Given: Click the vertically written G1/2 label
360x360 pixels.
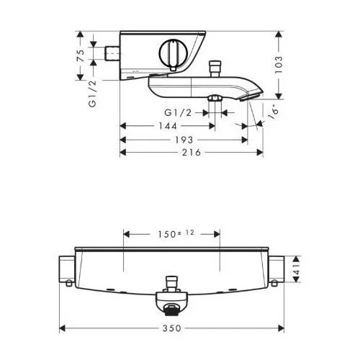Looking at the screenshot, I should click(x=92, y=95).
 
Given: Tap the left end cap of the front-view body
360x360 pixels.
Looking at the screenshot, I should click(x=66, y=270).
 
